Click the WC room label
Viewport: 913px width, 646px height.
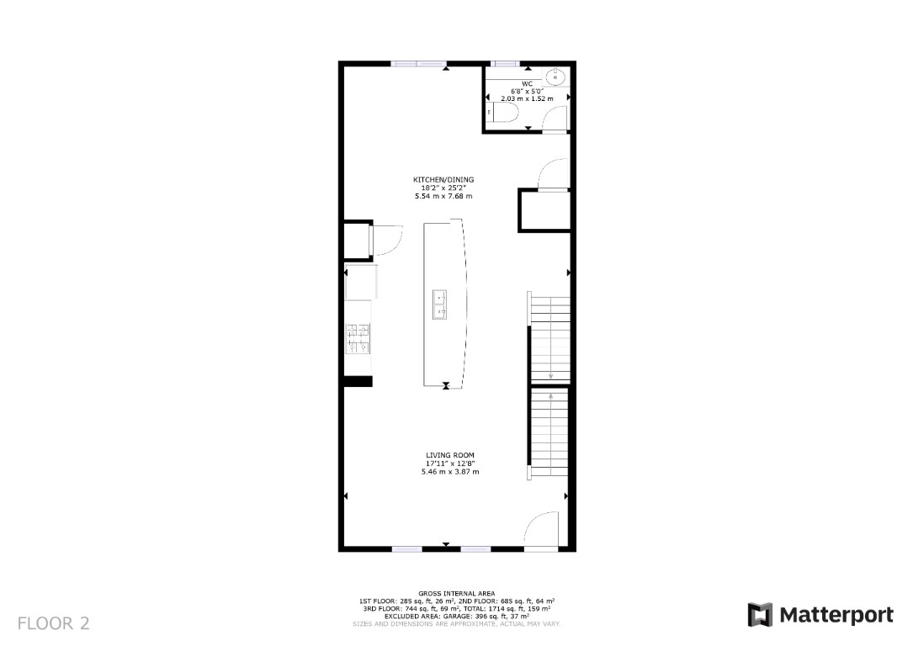(x=528, y=83)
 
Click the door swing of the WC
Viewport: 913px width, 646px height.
(x=555, y=121)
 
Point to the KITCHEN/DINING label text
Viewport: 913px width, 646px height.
(x=443, y=180)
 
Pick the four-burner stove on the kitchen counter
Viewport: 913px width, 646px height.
(x=357, y=338)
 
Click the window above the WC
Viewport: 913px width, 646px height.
(x=505, y=64)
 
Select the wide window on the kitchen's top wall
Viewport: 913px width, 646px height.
(x=419, y=64)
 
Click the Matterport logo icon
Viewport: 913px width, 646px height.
(x=761, y=615)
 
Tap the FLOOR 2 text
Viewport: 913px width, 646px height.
(x=53, y=623)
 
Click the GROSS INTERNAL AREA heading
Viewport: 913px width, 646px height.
(x=456, y=594)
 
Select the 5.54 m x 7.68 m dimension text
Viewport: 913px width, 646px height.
(x=443, y=196)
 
